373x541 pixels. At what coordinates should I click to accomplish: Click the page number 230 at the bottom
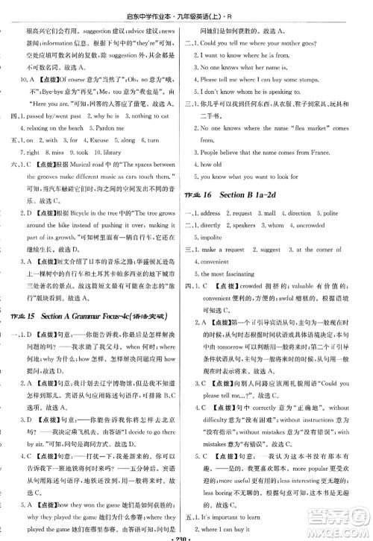pos(186,534)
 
